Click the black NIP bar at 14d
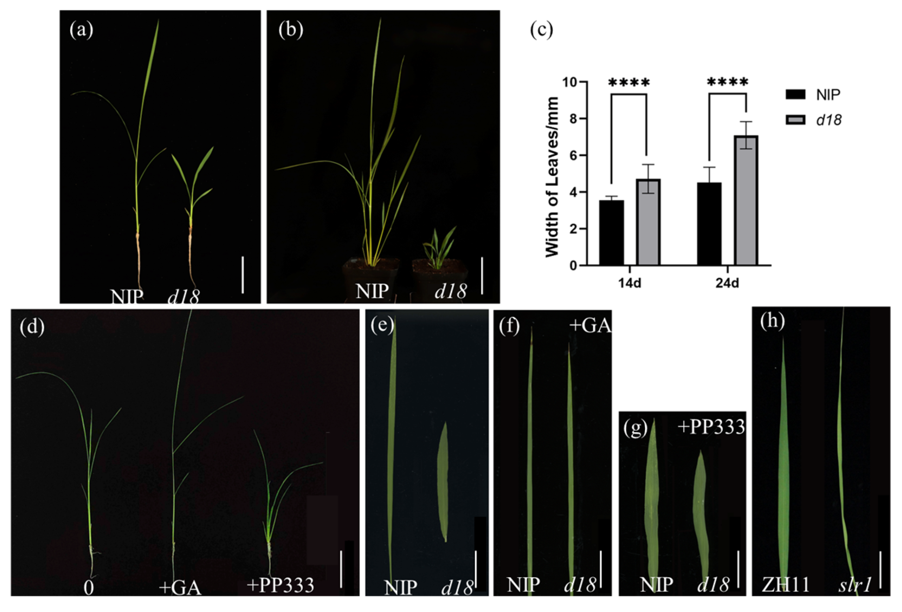[x=611, y=233]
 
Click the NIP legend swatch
[x=795, y=94]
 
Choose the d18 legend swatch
[x=795, y=120]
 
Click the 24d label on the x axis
[x=727, y=283]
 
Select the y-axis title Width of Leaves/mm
[x=552, y=177]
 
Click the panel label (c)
[x=541, y=30]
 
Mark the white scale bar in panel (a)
[x=243, y=274]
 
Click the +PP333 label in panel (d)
[x=280, y=584]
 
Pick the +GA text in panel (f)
[x=590, y=325]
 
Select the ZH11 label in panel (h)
[x=785, y=584]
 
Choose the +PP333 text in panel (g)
[x=711, y=427]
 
